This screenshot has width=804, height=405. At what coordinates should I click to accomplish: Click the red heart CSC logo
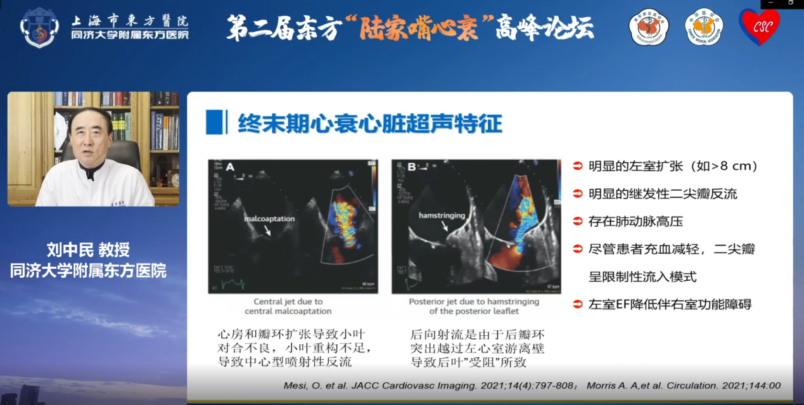[x=759, y=27]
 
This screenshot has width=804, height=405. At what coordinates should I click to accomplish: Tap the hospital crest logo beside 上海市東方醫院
[x=39, y=27]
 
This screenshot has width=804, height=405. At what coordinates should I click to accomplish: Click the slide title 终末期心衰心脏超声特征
[x=369, y=123]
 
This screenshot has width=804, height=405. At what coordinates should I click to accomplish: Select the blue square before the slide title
[x=214, y=122]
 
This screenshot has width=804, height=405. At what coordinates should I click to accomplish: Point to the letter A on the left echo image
[x=230, y=167]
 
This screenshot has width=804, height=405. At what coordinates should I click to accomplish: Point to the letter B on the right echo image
[x=412, y=168]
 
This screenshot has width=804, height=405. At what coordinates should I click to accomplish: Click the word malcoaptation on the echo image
[x=270, y=219]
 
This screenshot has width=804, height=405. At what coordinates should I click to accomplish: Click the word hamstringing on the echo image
[x=442, y=215]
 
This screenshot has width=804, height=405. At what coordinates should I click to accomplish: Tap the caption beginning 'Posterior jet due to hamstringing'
[x=474, y=306]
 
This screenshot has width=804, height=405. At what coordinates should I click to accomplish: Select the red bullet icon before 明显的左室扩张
[x=577, y=167]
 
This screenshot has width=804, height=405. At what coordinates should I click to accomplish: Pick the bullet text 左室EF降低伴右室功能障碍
[x=670, y=304]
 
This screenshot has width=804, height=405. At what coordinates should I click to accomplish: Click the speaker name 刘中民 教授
[x=88, y=250]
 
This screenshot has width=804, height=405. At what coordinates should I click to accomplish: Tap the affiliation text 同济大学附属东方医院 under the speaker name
[x=88, y=271]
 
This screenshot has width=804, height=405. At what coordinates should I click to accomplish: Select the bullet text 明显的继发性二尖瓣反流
[x=663, y=194]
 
